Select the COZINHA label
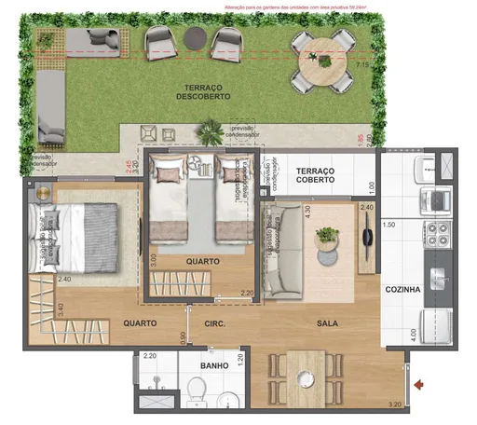pos(402,290)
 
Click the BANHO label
pos(213,366)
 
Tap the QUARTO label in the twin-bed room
pos(201,262)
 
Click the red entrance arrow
pos(419,383)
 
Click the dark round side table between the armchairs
pos(193,38)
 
